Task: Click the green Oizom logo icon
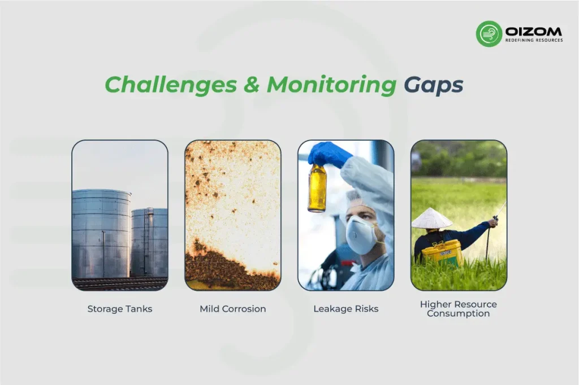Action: pyautogui.click(x=489, y=33)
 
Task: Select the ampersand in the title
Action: pyautogui.click(x=252, y=85)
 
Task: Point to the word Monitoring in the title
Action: pyautogui.click(x=331, y=85)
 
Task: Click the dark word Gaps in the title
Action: pyautogui.click(x=433, y=85)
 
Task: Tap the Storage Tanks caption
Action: pyautogui.click(x=119, y=309)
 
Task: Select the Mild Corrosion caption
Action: pyautogui.click(x=232, y=309)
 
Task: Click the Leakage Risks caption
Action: pyautogui.click(x=345, y=309)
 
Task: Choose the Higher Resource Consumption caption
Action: pyautogui.click(x=458, y=309)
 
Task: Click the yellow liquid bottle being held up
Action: pyautogui.click(x=317, y=188)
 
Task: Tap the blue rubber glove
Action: pyautogui.click(x=329, y=154)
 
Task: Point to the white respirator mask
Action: pyautogui.click(x=362, y=234)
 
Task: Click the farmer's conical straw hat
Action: pyautogui.click(x=431, y=218)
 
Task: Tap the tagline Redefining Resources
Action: pyautogui.click(x=533, y=40)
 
